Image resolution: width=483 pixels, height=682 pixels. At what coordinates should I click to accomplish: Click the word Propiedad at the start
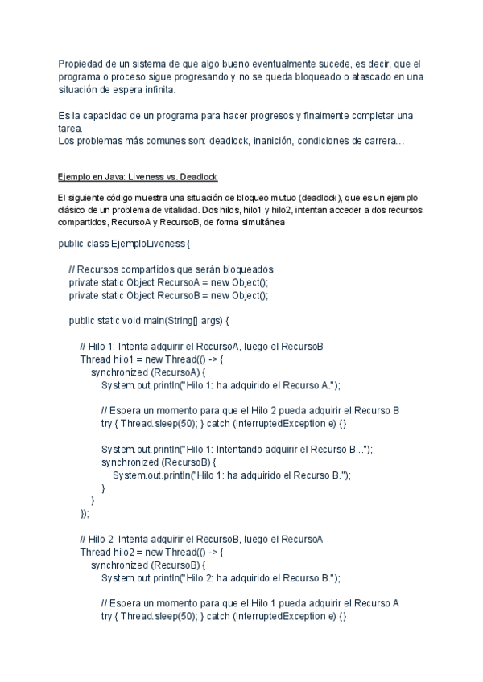click(79, 63)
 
